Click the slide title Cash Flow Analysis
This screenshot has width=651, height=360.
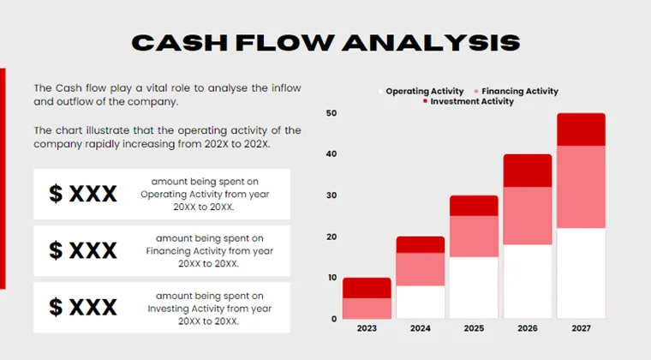(325, 43)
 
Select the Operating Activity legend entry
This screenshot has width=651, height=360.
(423, 91)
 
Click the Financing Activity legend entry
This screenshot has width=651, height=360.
(519, 91)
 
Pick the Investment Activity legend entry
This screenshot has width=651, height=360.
(470, 102)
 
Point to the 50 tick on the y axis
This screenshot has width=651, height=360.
(331, 113)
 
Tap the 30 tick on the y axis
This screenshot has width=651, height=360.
(331, 195)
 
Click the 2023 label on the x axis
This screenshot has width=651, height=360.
(367, 328)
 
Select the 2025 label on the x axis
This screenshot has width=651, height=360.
(474, 328)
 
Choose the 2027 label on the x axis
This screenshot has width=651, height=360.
(581, 328)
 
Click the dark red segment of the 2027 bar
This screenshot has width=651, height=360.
(581, 129)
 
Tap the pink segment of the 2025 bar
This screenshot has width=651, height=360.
(474, 236)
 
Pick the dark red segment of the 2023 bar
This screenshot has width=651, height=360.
(367, 287)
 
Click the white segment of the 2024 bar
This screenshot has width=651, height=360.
(421, 302)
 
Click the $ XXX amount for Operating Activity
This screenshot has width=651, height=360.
(83, 195)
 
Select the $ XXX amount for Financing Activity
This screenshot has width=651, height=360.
(83, 251)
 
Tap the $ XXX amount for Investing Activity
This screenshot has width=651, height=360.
(83, 307)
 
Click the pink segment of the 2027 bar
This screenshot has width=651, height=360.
(581, 187)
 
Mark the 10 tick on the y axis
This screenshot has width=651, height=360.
(331, 278)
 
